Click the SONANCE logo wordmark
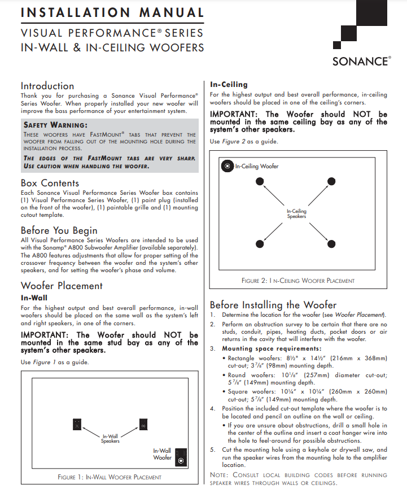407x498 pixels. pyautogui.click(x=361, y=61)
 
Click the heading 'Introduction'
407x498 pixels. pyautogui.click(x=47, y=86)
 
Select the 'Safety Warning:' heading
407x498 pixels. pyautogui.click(x=55, y=125)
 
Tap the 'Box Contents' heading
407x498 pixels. pyautogui.click(x=50, y=183)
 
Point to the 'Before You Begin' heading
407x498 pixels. pyautogui.click(x=59, y=230)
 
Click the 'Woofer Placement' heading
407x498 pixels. pyautogui.click(x=62, y=286)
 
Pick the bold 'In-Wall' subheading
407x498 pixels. pyautogui.click(x=34, y=297)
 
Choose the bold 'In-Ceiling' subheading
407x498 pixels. pyautogui.click(x=229, y=85)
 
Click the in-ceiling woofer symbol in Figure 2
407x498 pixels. pyautogui.click(x=226, y=166)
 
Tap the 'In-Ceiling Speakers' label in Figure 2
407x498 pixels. pyautogui.click(x=296, y=213)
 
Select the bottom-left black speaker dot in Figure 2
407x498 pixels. pyautogui.click(x=260, y=243)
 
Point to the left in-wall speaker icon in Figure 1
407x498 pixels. pyautogui.click(x=77, y=423)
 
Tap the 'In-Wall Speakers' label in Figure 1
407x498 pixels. pyautogui.click(x=110, y=438)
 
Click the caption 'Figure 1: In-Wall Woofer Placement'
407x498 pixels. pyautogui.click(x=110, y=477)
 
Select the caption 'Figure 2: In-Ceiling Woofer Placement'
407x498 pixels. pyautogui.click(x=297, y=281)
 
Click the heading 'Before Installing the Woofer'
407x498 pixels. pyautogui.click(x=273, y=305)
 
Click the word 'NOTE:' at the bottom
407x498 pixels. pyautogui.click(x=219, y=475)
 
